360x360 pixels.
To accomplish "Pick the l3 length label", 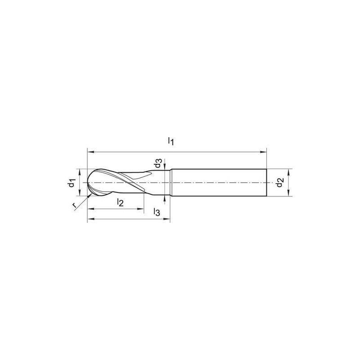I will click(156, 212).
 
